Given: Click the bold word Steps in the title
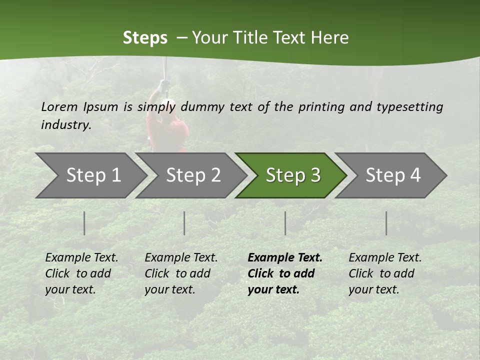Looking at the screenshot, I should [x=145, y=38].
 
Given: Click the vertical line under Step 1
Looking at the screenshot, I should [x=84, y=223].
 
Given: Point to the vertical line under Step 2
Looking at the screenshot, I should [x=184, y=223].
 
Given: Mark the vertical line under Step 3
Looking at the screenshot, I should [x=285, y=223].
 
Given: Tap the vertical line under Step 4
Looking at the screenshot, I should [x=386, y=223].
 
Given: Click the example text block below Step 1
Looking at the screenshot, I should [x=81, y=273].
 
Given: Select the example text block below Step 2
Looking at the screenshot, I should [x=181, y=273].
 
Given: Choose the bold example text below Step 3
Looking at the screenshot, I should [x=285, y=273].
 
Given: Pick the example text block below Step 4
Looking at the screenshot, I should [x=385, y=273].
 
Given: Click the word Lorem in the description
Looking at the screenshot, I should [x=59, y=106].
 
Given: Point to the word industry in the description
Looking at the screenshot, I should [x=66, y=124].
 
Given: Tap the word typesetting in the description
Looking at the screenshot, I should [x=409, y=106].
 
